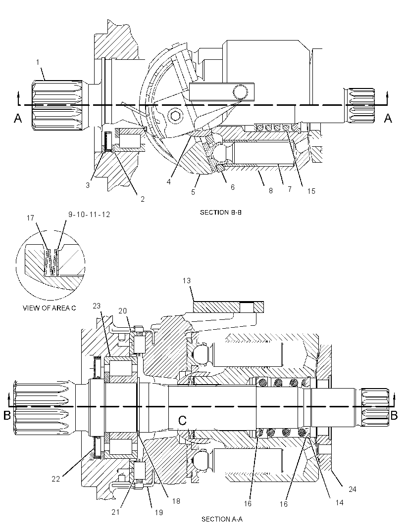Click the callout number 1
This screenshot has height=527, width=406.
pos(38,62)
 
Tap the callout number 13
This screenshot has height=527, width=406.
pos(187,281)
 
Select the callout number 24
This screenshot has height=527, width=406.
pos(352,489)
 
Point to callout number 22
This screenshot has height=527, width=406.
pos(55,479)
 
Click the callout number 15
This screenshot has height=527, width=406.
pos(311,191)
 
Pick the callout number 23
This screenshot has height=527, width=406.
pos(97,306)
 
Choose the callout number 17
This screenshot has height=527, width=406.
pos(30,218)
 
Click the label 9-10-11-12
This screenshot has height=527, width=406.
pos(89,215)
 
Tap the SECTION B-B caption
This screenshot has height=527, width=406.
pos(221,213)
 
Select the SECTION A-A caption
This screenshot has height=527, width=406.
pos(222,519)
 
